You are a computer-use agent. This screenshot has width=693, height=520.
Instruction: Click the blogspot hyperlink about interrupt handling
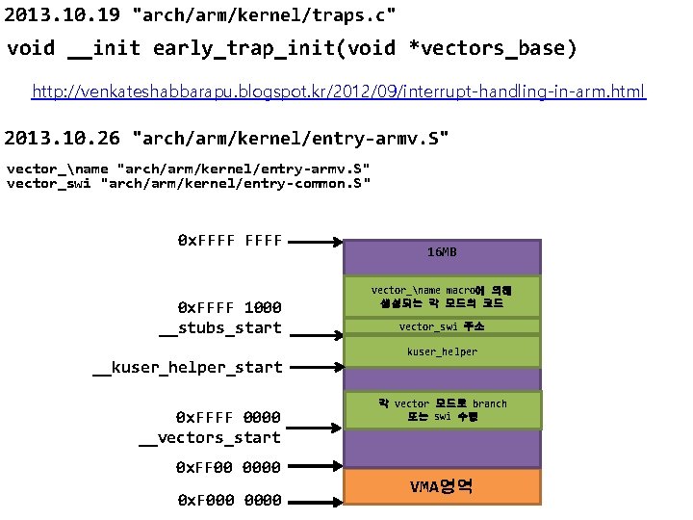339,91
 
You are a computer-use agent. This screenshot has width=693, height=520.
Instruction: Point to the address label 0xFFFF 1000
230,307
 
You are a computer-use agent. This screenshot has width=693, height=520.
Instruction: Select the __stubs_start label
220,327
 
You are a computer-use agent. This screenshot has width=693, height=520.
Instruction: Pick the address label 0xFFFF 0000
228,417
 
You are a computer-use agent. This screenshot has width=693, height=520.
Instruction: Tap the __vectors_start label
210,437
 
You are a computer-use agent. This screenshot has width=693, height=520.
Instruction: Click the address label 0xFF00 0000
228,467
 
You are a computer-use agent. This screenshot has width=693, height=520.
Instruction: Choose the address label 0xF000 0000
230,500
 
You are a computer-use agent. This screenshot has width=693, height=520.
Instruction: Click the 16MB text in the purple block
442,252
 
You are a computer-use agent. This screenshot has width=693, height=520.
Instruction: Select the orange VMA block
443,486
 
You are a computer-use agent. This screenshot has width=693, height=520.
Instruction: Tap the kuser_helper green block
443,352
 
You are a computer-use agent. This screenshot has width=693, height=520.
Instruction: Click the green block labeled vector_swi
443,326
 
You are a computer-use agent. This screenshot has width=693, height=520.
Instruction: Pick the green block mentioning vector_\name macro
443,296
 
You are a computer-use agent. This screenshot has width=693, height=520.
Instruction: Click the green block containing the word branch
443,410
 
